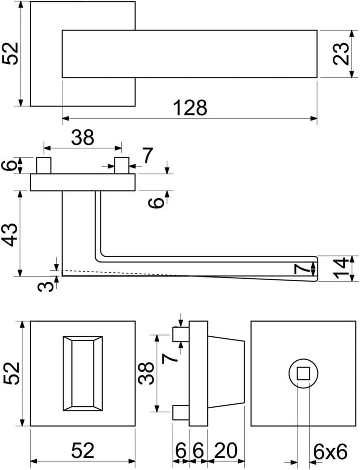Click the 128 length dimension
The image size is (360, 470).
pyautogui.click(x=191, y=108)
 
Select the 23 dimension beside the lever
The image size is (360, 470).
pyautogui.click(x=341, y=54)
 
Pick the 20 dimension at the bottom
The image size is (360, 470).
pyautogui.click(x=226, y=450)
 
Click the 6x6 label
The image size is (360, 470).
pyautogui.click(x=330, y=452)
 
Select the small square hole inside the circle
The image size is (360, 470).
pyautogui.click(x=303, y=374)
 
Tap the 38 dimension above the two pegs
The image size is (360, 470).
pyautogui.click(x=83, y=137)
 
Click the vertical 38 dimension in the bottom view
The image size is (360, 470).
pyautogui.click(x=146, y=373)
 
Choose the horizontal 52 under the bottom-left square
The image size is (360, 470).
pyautogui.click(x=83, y=450)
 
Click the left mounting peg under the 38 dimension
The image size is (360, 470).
pyautogui.click(x=44, y=165)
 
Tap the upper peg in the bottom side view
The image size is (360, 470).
pyautogui.click(x=181, y=334)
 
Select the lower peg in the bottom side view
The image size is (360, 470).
pyautogui.click(x=181, y=413)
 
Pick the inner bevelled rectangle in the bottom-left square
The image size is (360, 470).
pyautogui.click(x=83, y=373)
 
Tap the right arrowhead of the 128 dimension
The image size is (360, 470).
pyautogui.click(x=314, y=119)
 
